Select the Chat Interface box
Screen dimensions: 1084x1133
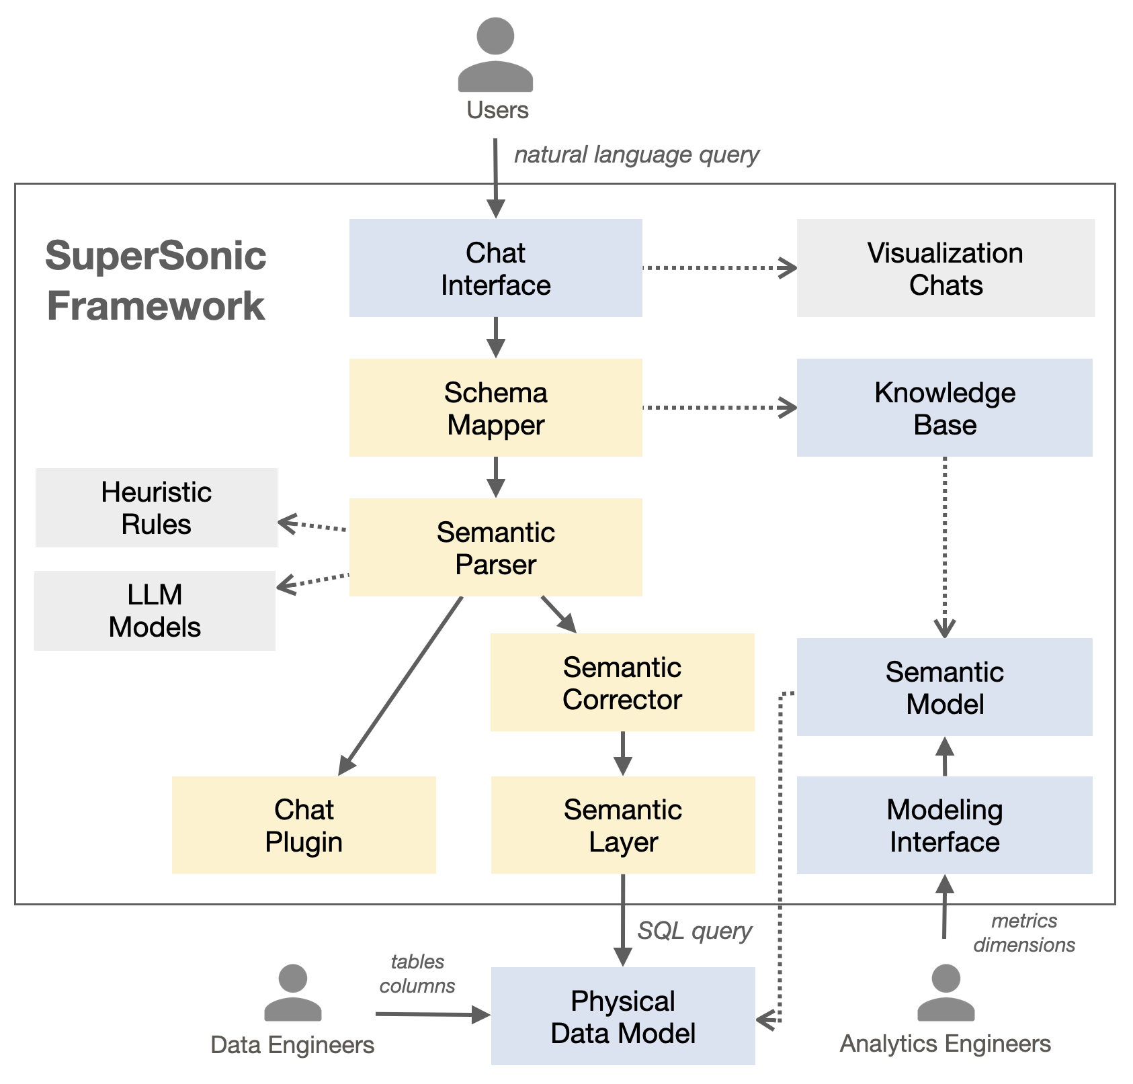coord(495,268)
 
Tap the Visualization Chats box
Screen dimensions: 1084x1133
coord(945,268)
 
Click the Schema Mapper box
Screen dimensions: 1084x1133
coord(495,408)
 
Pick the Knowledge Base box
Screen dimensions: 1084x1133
coord(944,408)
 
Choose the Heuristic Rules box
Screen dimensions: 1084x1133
coord(156,508)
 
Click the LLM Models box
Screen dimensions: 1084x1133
coord(155,611)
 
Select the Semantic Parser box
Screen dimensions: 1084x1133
coord(495,547)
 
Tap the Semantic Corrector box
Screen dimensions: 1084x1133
coord(622,682)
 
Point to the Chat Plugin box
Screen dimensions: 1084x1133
coord(304,825)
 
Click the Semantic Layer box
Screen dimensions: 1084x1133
coord(623,825)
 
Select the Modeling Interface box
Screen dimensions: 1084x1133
coord(944,825)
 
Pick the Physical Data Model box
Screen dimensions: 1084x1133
coord(623,1015)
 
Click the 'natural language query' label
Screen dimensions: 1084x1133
coord(636,155)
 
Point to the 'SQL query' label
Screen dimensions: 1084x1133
coord(694,931)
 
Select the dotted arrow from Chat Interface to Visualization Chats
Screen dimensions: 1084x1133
coord(719,268)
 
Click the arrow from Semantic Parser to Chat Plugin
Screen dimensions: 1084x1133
coord(401,685)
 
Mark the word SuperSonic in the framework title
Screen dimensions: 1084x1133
coord(156,256)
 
